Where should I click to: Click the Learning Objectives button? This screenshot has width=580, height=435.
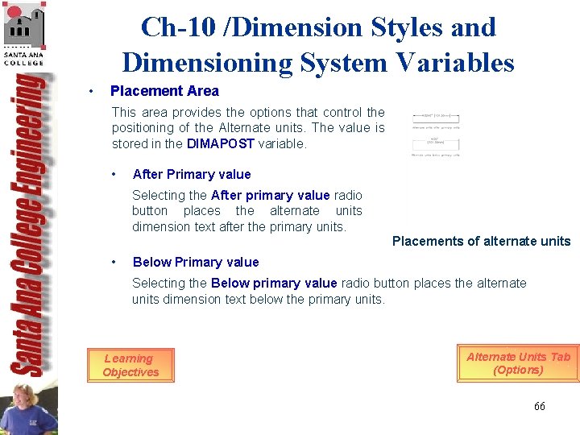point(130,365)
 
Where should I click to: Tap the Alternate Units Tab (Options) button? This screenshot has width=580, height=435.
point(518,363)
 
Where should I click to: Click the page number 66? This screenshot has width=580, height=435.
point(539,406)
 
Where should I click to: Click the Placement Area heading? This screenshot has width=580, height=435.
point(164,91)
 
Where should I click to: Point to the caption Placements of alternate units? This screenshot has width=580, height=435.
point(481,241)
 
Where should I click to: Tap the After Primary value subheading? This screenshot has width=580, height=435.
point(192,174)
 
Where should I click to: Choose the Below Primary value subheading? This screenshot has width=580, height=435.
point(196,262)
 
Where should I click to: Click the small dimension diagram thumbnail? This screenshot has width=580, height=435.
point(436,134)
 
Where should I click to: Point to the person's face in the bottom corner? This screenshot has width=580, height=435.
point(26,400)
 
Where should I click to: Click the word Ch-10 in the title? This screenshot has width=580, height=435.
point(172,27)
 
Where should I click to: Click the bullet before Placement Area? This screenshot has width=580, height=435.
point(93,91)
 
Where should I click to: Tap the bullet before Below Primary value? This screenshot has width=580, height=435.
point(117,262)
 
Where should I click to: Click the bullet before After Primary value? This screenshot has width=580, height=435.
point(117,174)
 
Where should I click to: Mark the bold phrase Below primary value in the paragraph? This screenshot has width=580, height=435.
point(274,283)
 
